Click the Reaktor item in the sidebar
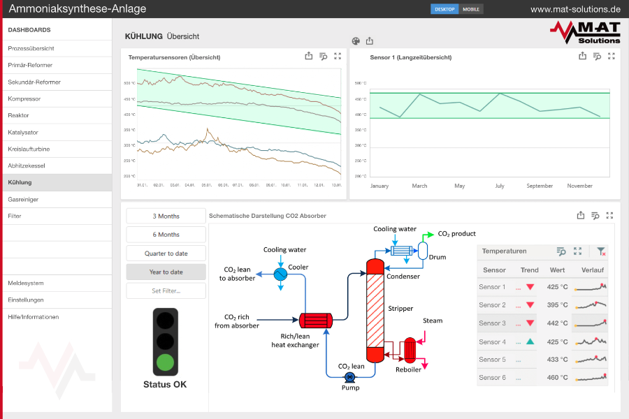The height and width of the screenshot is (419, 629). pos(19,115)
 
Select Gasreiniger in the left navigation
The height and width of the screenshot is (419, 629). pos(24,199)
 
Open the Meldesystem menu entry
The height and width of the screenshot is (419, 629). pos(26,283)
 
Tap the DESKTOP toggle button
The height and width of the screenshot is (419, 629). pos(444,9)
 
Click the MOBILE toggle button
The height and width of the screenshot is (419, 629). pos(472,9)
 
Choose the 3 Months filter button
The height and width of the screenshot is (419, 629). pos(166,216)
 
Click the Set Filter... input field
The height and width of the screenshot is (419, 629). pos(166,291)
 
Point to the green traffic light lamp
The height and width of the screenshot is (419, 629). pos(166,362)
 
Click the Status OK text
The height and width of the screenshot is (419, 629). pos(165,384)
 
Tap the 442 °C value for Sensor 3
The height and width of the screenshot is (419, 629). pos(557,323)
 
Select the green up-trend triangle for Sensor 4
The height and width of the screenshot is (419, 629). pos(530,341)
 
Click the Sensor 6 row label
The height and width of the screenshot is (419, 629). pos(492,378)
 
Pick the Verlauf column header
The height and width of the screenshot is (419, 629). pos(593,270)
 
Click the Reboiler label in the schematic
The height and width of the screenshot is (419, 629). pos(408,369)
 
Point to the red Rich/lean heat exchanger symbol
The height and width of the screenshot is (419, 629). pos(317,321)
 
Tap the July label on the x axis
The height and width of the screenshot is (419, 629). pos(500,186)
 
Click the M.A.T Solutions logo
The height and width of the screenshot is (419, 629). pos(585,32)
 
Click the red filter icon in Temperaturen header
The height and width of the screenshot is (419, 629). pos(600,251)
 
